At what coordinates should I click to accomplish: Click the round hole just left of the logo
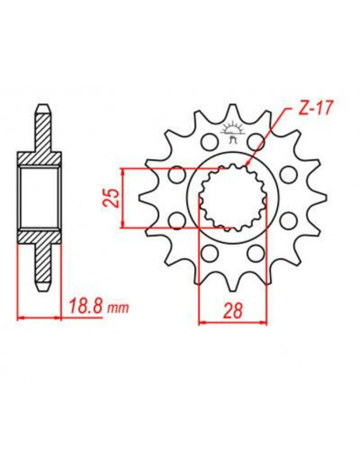click(209, 143)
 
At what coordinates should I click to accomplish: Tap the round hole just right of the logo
click(256, 143)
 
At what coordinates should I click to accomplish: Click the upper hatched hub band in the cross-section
click(40, 158)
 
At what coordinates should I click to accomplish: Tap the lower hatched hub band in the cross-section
click(40, 238)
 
